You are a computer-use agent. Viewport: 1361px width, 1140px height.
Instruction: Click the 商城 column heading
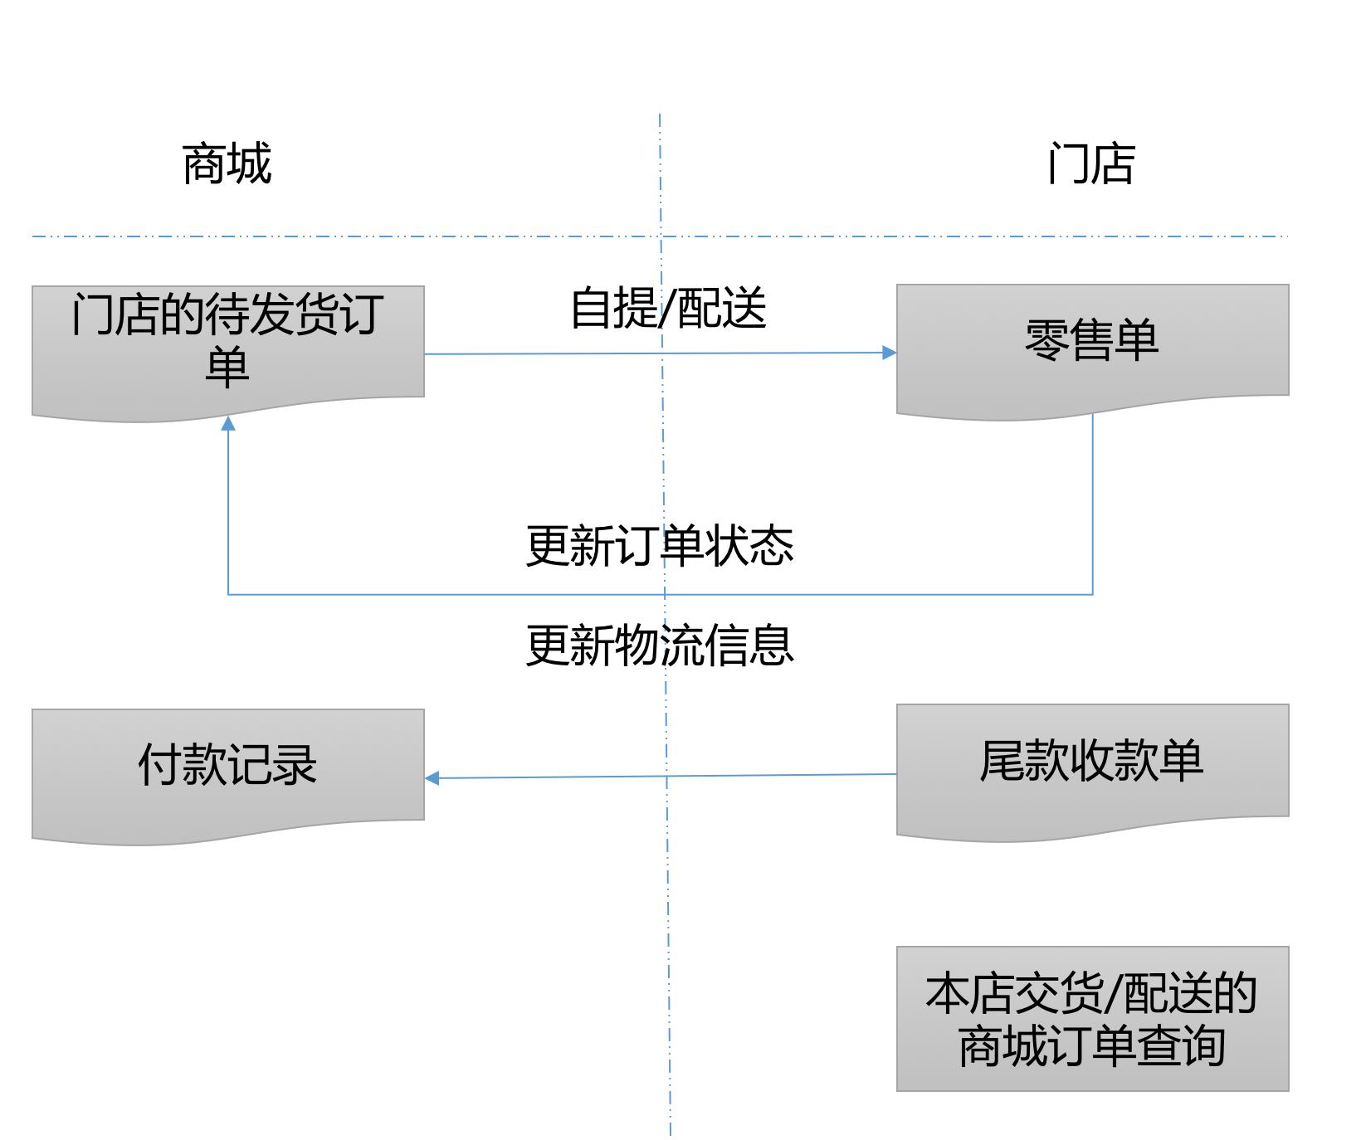point(227,163)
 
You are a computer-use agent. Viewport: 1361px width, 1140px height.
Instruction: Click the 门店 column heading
point(1090,163)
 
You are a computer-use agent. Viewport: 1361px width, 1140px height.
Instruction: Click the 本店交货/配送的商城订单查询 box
point(1092,1018)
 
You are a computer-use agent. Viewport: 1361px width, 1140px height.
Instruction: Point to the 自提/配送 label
point(667,309)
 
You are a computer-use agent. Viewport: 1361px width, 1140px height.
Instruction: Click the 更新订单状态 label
point(660,546)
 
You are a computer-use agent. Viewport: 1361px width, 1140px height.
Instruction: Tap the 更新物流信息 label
point(660,646)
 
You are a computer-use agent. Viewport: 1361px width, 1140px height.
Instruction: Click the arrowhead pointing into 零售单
point(889,353)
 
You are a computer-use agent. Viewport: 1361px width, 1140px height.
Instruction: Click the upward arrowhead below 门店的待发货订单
point(228,424)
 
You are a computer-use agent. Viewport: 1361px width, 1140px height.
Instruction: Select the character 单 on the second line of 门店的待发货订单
point(227,366)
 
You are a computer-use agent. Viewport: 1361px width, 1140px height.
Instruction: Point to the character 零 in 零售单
point(1047,340)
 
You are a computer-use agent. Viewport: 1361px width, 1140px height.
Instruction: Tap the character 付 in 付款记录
point(159,765)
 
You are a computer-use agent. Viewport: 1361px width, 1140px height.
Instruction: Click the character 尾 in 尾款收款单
point(1002,761)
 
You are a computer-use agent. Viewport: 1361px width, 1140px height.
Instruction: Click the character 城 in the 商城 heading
point(249,163)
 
